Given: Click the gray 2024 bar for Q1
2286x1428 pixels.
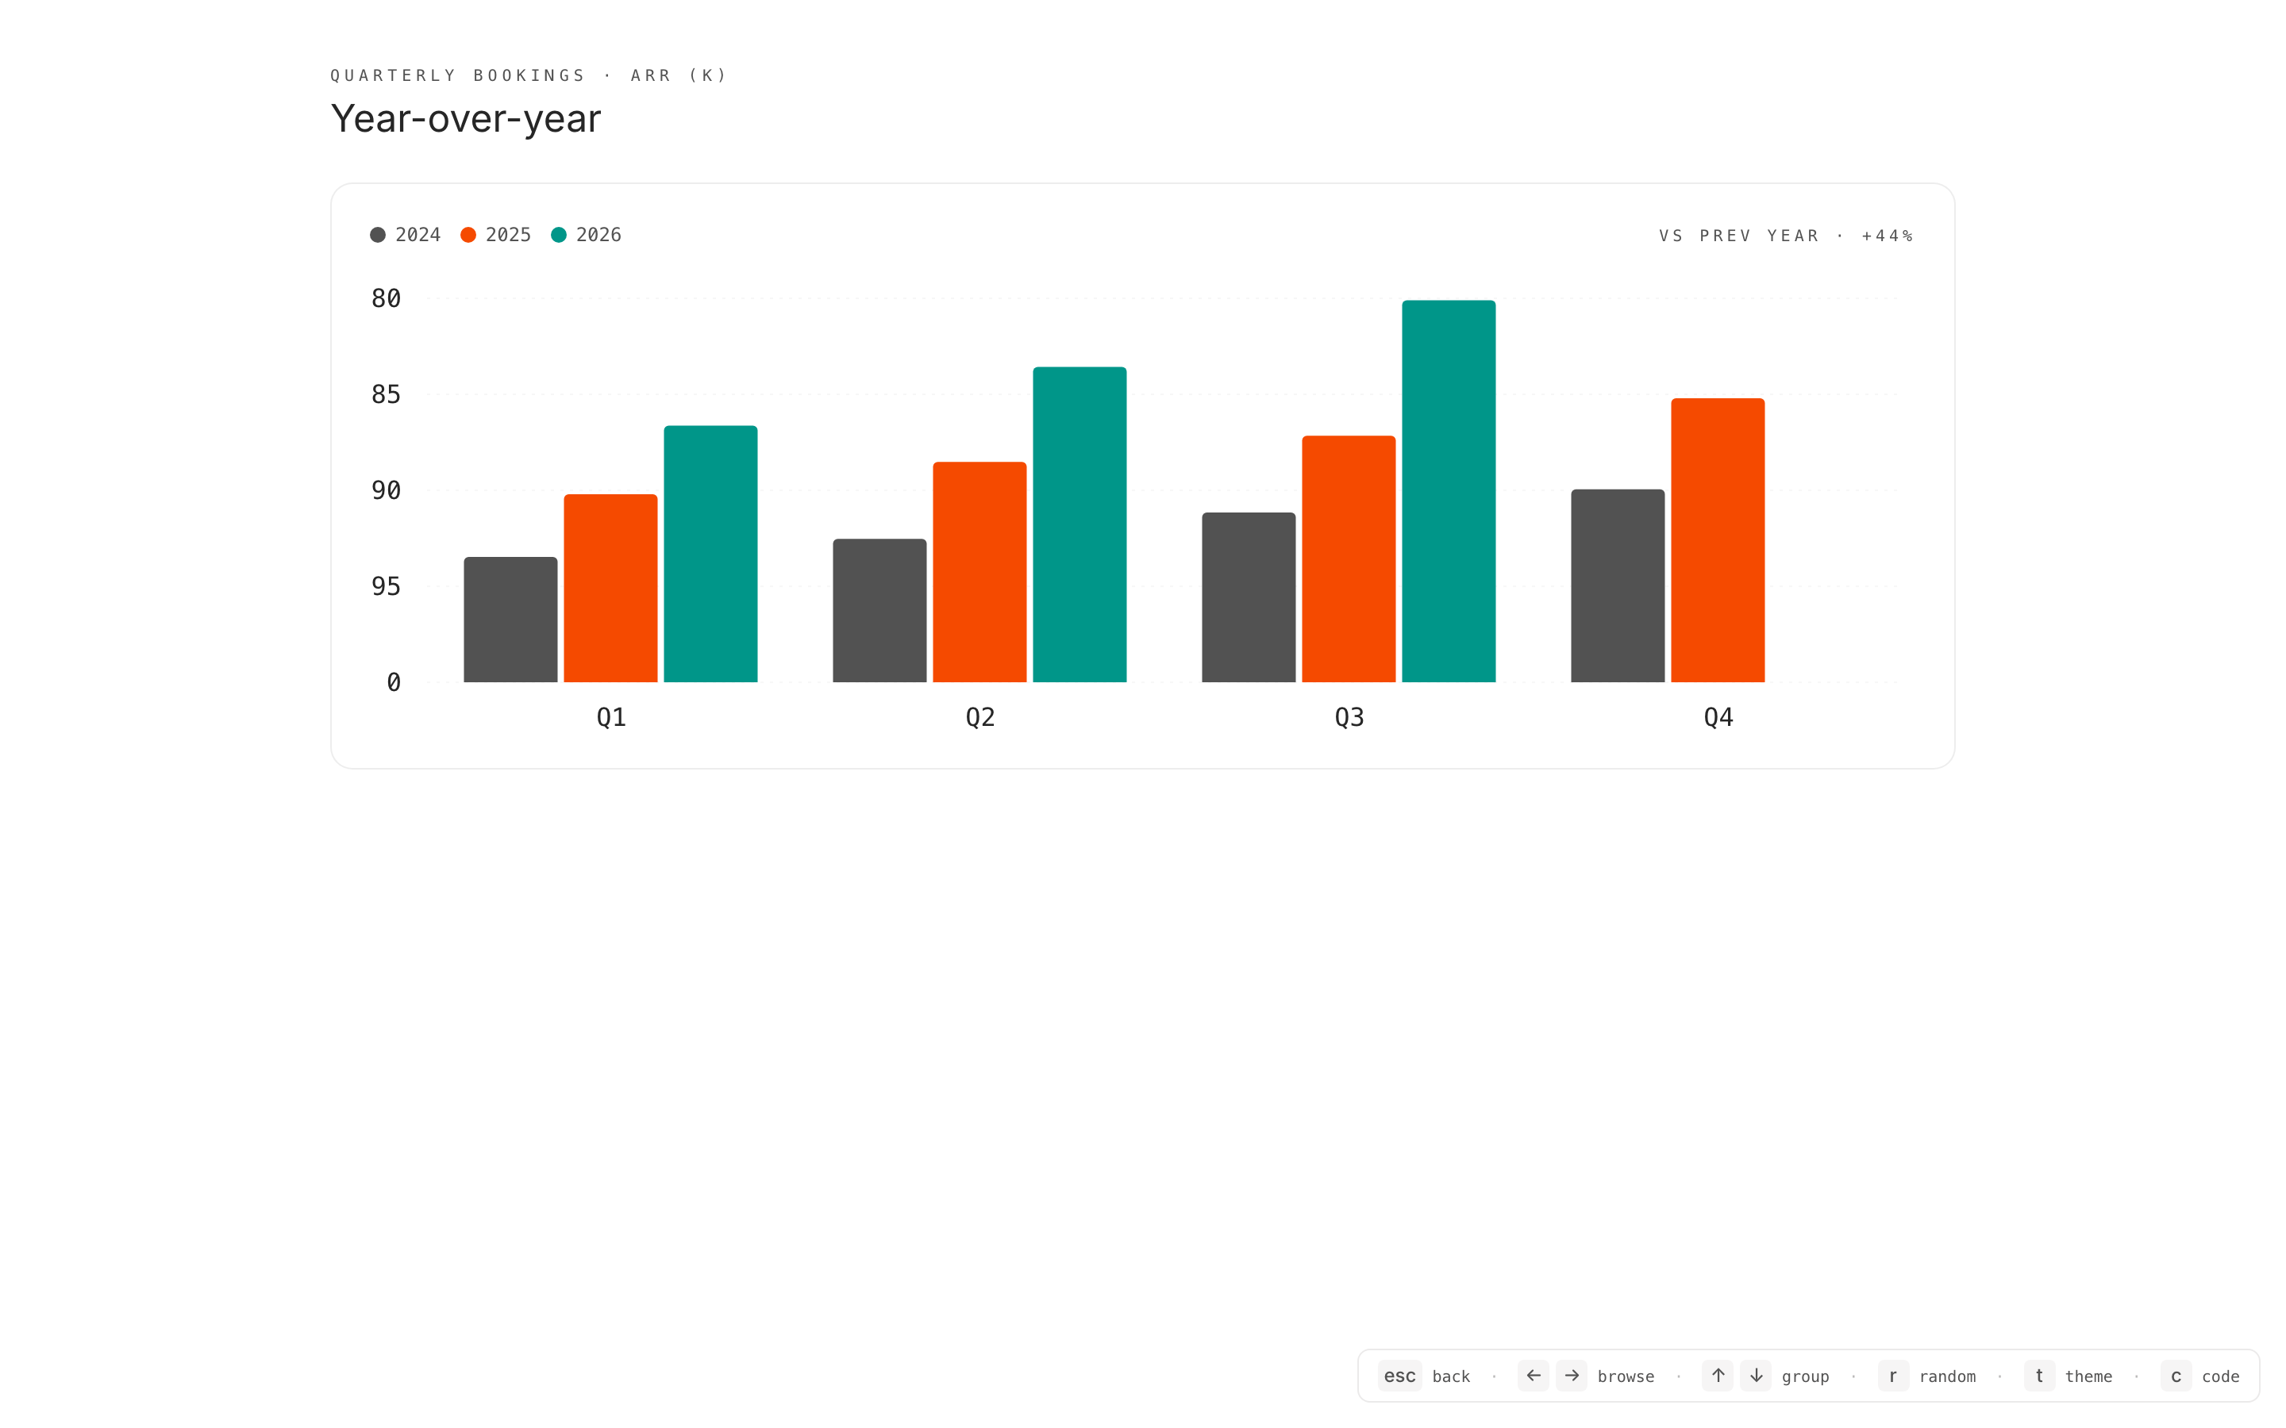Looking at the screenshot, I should (510, 620).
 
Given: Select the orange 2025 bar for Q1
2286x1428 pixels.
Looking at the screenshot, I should (610, 587).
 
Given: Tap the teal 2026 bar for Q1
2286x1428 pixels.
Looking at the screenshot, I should (710, 554).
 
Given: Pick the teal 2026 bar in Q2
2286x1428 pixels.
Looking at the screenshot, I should (1079, 524).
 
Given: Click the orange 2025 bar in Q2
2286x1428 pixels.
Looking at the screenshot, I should (979, 571).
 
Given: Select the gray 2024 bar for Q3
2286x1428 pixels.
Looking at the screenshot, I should (1248, 597).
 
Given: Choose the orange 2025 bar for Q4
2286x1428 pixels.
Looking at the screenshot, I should (1718, 540).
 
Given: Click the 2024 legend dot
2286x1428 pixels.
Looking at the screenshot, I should (378, 235).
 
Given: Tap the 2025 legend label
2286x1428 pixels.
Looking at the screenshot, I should (508, 235).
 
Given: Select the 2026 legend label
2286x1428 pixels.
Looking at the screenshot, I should (599, 235).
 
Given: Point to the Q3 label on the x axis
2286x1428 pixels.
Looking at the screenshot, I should (1349, 718).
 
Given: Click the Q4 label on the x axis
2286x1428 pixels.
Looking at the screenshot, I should (1718, 718).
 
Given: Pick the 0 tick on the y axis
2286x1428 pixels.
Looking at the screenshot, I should (394, 683).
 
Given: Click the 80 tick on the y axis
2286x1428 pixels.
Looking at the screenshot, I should (386, 298).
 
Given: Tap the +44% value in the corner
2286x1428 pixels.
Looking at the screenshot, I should (1887, 236).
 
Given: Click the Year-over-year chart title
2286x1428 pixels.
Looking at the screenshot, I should (466, 119).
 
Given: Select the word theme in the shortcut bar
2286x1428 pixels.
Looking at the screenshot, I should (2088, 1376).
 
